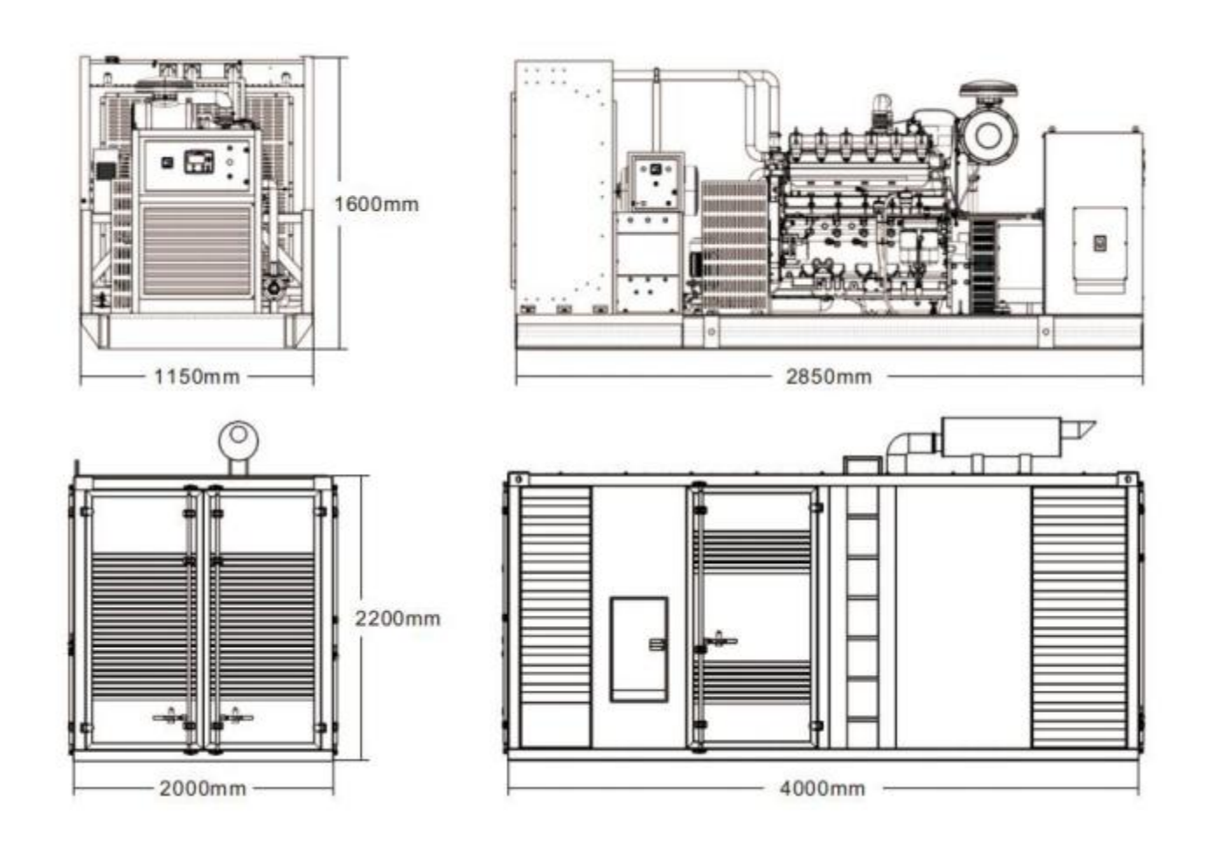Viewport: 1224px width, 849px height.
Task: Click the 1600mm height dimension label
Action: click(377, 205)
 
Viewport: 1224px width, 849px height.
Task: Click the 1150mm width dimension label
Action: click(198, 377)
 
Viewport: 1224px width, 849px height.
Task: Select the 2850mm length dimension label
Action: click(829, 377)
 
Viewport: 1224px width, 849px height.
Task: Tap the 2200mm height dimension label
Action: click(398, 618)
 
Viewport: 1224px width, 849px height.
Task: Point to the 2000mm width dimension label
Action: click(203, 789)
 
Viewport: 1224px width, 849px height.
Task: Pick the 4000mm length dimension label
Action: click(823, 789)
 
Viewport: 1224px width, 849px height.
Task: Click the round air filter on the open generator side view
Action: click(988, 136)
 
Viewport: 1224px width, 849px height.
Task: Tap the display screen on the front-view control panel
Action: click(199, 162)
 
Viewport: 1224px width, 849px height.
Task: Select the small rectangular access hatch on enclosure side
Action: click(639, 649)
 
